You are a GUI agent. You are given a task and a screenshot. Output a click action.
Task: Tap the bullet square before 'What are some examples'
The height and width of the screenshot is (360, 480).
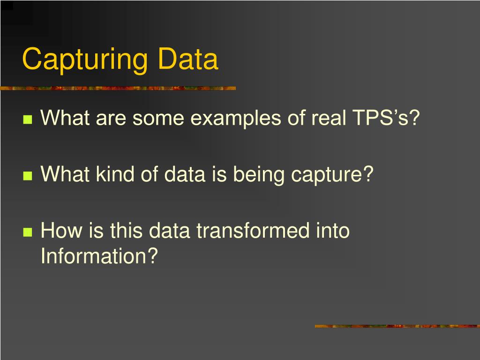click(x=27, y=120)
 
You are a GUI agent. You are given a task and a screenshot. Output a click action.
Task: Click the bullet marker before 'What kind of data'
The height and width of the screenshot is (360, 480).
click(x=27, y=176)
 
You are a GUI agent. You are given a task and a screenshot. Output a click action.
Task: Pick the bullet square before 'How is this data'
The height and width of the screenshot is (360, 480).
click(x=27, y=232)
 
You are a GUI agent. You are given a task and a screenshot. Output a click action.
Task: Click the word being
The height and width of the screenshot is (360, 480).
click(x=260, y=175)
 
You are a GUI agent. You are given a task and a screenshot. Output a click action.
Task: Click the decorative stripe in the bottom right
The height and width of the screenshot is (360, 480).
click(x=397, y=326)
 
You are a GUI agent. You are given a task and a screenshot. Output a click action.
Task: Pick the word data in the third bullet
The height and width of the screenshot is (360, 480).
click(x=169, y=231)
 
